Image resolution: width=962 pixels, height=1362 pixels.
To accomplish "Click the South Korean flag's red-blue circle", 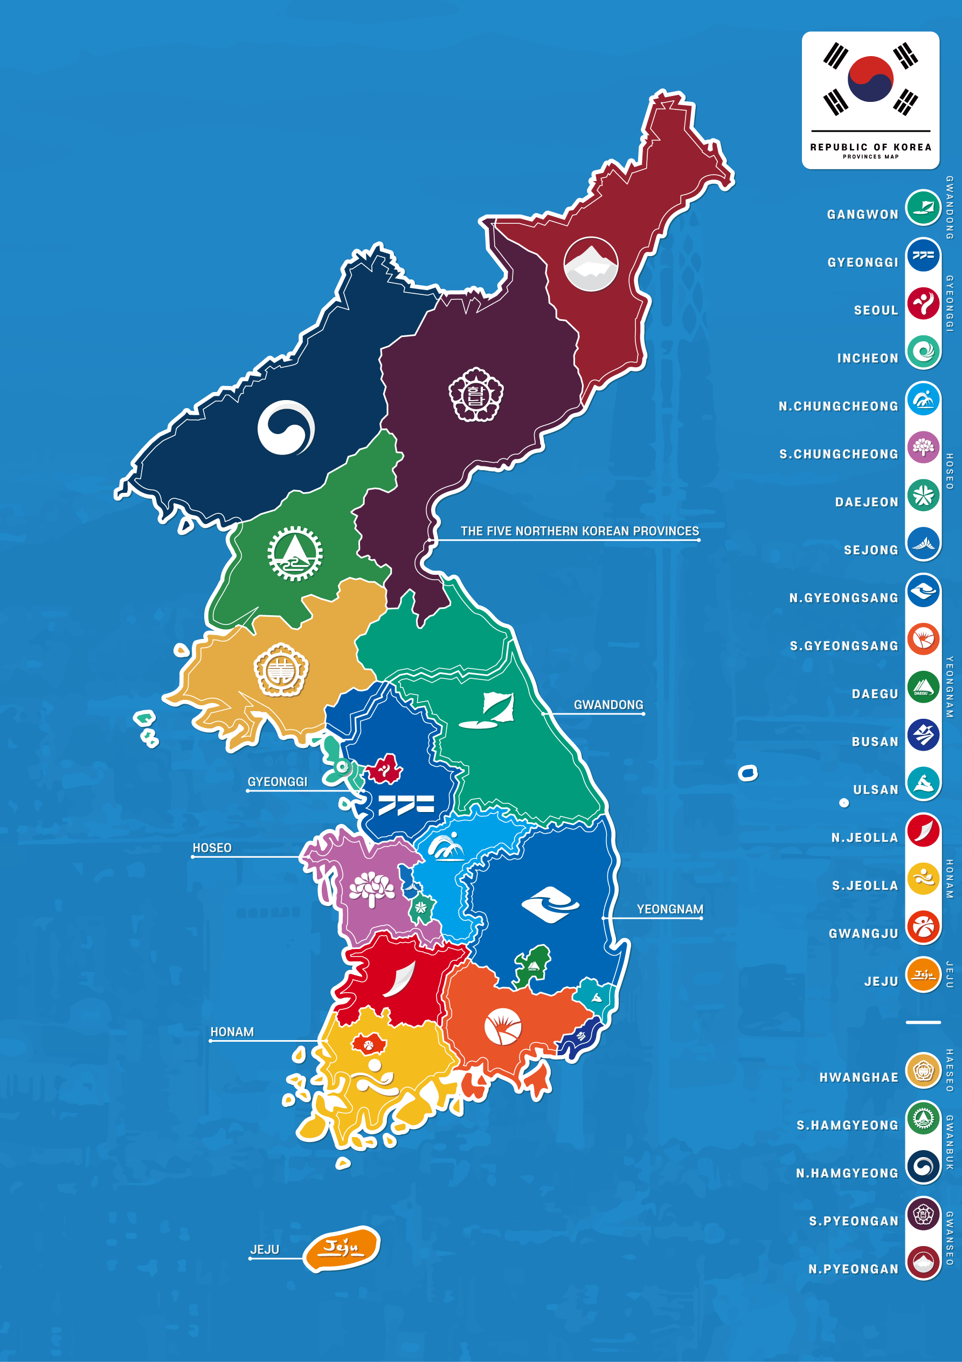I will (x=870, y=78).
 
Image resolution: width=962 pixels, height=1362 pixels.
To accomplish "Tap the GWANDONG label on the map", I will (x=608, y=705).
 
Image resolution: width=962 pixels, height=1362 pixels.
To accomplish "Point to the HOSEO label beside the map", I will (x=212, y=848).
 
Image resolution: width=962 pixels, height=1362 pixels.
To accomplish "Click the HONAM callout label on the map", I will (x=232, y=1032).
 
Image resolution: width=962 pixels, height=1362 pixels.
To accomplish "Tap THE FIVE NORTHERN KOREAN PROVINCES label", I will (x=579, y=532).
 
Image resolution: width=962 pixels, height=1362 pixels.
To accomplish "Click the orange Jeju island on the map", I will (x=342, y=1248).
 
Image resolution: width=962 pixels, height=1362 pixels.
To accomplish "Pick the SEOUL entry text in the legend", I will (x=875, y=310).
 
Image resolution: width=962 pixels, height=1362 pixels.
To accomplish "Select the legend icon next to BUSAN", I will (x=923, y=735).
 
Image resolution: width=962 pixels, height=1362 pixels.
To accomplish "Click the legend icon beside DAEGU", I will (x=923, y=687).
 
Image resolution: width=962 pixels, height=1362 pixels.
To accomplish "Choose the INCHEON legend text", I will (x=867, y=359).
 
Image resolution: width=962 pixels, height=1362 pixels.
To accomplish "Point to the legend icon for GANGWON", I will (x=923, y=208).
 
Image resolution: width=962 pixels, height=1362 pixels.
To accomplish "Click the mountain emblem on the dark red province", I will (x=590, y=265).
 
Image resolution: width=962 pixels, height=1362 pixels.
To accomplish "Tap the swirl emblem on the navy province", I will (x=286, y=428).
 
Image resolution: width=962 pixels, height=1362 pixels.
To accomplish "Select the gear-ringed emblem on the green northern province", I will (x=295, y=553).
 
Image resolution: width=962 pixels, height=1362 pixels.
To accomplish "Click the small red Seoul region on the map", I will (x=384, y=769).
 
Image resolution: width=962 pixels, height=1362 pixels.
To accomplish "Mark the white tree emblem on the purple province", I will (x=371, y=888).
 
